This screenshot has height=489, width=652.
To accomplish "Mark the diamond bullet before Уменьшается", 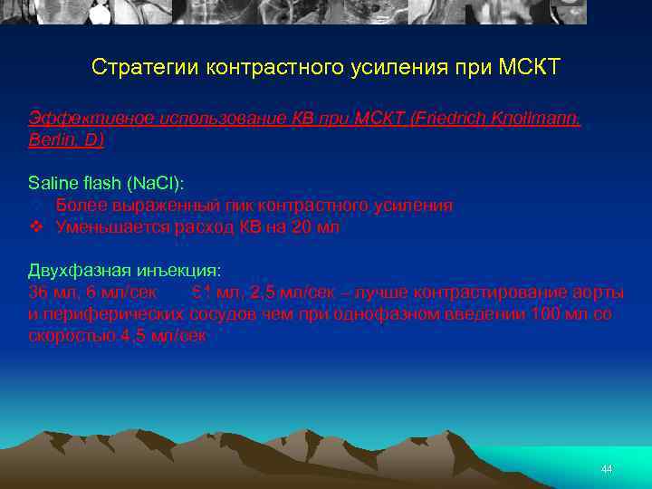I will click(36, 227).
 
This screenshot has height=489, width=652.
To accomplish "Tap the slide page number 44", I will click(607, 469).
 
